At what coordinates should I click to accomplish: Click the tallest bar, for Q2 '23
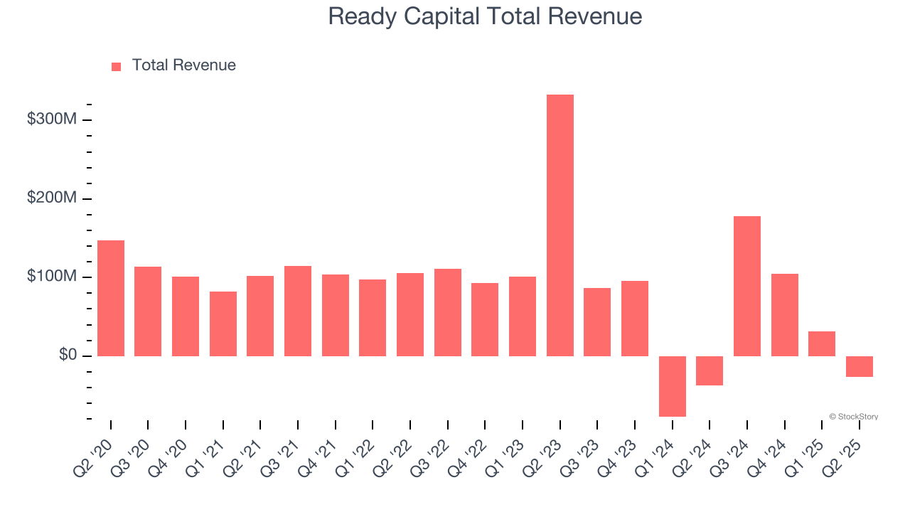[560, 225]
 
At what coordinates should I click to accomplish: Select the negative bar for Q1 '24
[672, 386]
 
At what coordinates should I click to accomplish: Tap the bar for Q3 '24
[746, 286]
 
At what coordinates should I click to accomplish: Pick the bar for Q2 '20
[111, 298]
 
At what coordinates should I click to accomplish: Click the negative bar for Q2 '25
[859, 366]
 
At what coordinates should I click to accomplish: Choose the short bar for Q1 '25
[821, 343]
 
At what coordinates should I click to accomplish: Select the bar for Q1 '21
[223, 324]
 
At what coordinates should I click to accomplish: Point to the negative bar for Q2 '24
[710, 370]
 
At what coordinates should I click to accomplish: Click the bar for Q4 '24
[784, 315]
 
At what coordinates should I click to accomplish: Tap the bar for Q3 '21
[298, 311]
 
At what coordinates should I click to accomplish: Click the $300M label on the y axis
[52, 119]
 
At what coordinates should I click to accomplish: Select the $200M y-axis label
[52, 198]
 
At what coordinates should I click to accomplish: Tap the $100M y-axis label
[52, 276]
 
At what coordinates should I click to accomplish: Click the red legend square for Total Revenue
[117, 66]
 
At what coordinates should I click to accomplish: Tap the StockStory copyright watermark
[853, 417]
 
